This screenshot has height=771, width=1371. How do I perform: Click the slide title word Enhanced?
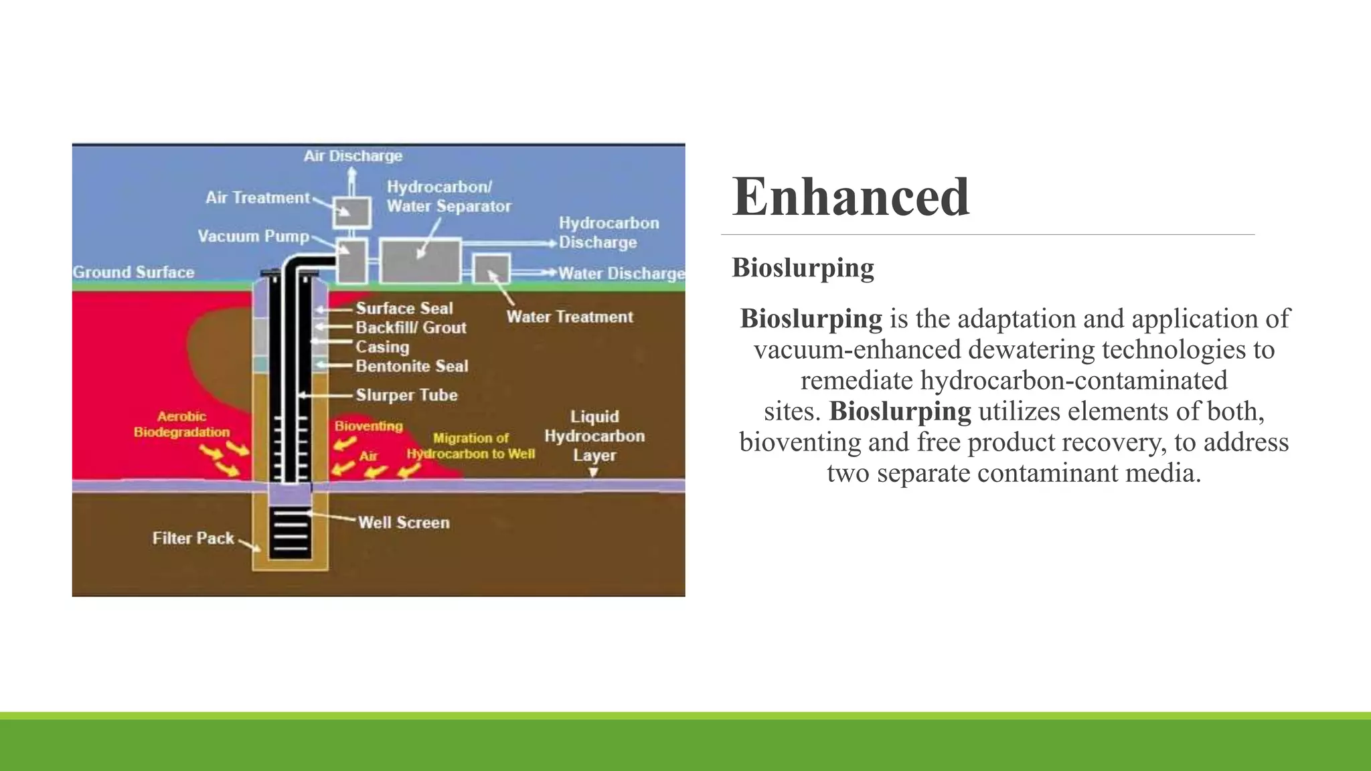850,197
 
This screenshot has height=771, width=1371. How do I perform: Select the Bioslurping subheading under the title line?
803,268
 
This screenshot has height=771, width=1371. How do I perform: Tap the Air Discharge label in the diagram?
353,156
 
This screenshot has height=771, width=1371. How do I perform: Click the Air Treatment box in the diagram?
352,213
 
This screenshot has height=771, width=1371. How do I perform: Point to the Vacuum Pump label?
253,236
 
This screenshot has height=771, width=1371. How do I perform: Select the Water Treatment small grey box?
491,269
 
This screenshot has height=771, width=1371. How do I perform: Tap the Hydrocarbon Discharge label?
608,232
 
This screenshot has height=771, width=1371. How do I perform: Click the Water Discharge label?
621,273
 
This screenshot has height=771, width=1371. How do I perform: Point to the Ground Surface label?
133,272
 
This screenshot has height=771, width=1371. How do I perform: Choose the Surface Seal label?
404,309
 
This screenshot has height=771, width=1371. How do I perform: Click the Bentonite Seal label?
411,366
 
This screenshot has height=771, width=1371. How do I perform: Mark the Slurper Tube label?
406,395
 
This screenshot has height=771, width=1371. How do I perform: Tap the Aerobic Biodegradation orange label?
181,424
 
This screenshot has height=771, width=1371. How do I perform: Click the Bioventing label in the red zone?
368,426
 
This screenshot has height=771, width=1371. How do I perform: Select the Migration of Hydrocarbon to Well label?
471,446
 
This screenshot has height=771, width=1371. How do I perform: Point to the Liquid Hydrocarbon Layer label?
594,436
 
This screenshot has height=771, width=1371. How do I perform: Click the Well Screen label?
403,523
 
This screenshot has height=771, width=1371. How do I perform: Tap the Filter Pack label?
193,538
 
